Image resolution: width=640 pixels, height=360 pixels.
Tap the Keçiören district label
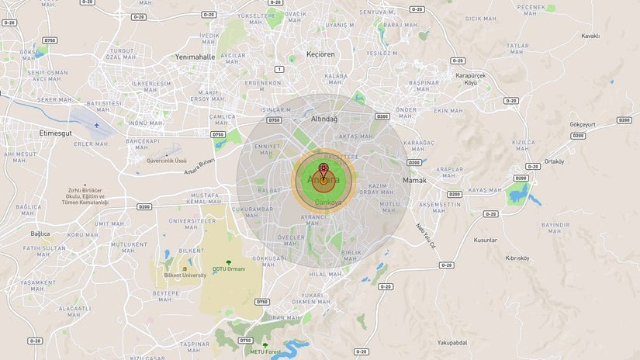coord(298,55)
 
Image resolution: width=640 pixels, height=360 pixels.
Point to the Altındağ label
coord(324,119)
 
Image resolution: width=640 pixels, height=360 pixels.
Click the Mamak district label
coord(415,181)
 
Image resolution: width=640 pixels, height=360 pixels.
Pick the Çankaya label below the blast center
coord(327,202)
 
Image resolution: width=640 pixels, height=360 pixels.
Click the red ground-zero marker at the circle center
coord(322,167)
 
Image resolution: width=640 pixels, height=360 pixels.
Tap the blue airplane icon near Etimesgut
coord(97,124)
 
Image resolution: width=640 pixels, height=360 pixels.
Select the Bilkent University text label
coord(185,275)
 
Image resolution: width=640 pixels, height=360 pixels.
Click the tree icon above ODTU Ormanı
coord(227,261)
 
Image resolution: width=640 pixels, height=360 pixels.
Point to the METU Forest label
coord(266,351)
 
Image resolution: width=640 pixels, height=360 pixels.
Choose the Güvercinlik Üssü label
coord(167,161)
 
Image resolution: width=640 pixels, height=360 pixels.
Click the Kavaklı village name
coord(591,36)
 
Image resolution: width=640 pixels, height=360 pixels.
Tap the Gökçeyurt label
coord(582,124)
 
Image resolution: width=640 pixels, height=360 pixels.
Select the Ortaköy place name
coord(554,161)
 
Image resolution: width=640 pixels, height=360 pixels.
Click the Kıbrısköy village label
coord(517,258)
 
